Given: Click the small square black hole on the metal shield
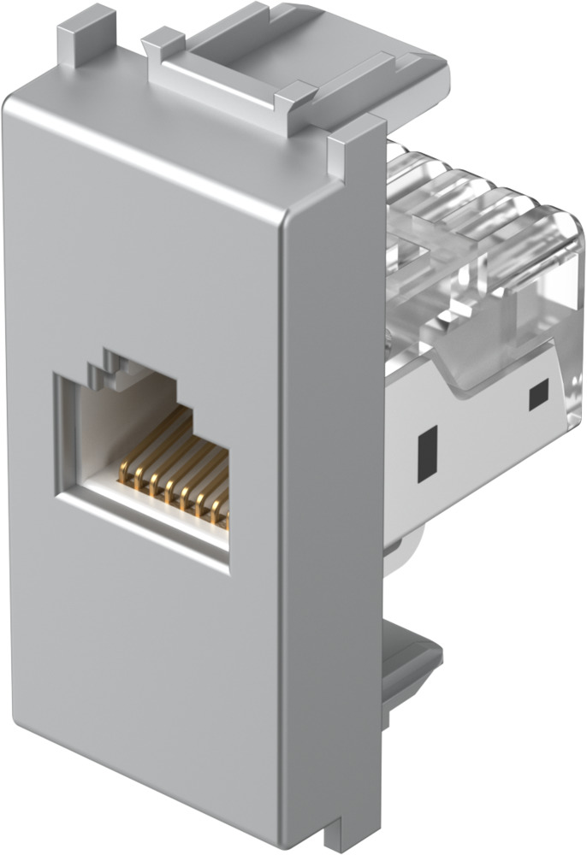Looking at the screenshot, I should pyautogui.click(x=538, y=394).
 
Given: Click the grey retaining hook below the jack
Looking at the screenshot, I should pyautogui.click(x=411, y=667).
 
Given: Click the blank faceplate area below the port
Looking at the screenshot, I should pyautogui.click(x=145, y=667).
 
